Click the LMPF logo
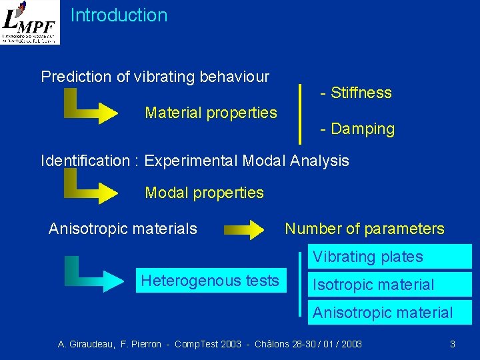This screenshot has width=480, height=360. click(x=30, y=23)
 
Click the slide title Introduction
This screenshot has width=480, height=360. click(x=119, y=15)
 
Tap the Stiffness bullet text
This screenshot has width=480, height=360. click(x=356, y=93)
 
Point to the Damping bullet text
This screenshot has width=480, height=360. click(x=357, y=129)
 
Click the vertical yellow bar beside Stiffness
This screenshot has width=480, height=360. click(x=301, y=113)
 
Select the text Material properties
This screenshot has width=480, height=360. click(x=211, y=113)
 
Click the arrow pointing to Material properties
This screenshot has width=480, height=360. click(x=93, y=108)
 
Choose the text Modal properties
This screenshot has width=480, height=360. click(x=204, y=193)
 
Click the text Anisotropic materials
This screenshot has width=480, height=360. click(x=123, y=229)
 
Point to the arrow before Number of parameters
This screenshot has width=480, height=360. click(x=244, y=231)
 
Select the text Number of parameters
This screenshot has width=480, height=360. click(x=364, y=229)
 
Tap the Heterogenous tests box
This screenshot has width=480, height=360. click(x=210, y=281)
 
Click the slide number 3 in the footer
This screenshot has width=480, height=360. click(x=453, y=344)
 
